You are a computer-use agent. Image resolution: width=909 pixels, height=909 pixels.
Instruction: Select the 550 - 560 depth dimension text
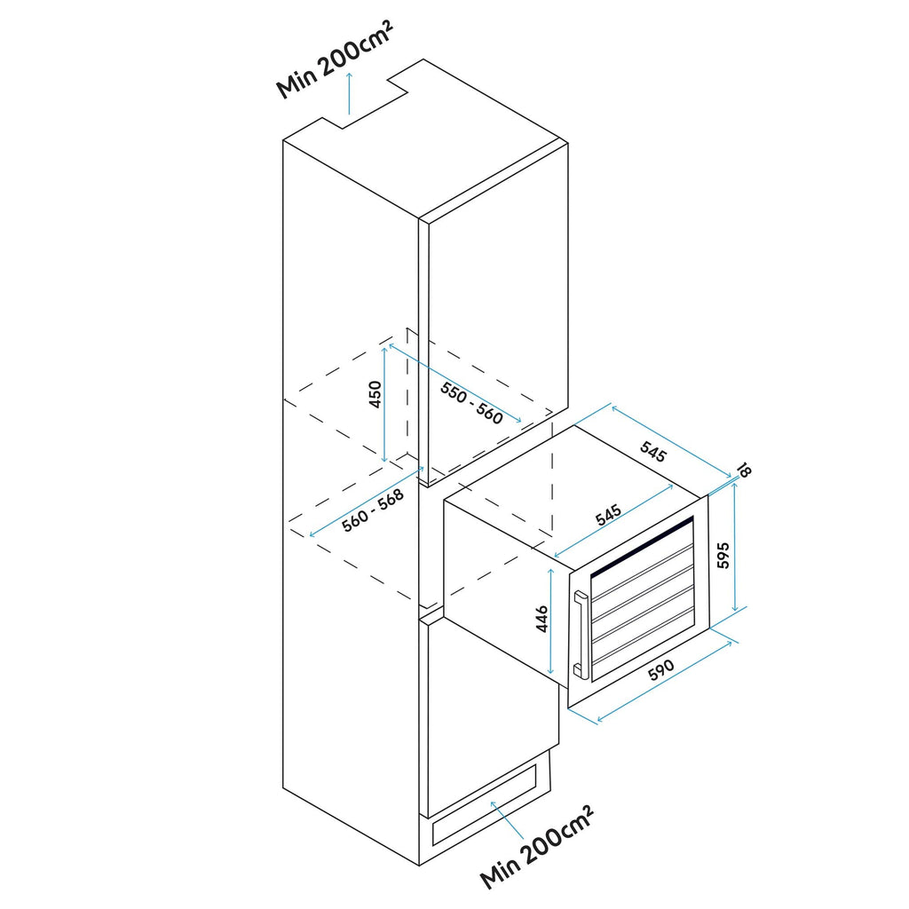pos(471,405)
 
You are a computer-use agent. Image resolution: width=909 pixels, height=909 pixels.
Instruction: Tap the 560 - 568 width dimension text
pos(373,512)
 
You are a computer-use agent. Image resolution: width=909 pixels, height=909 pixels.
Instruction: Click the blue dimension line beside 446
pos(552,621)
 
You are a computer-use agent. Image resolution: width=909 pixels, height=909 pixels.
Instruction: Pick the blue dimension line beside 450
pos(384,404)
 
